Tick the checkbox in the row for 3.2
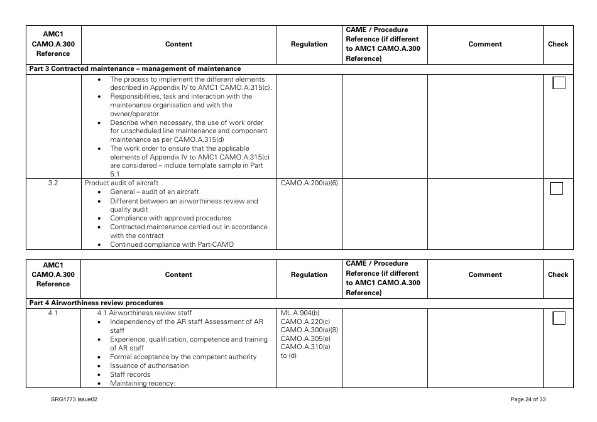557,188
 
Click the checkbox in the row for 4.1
559,318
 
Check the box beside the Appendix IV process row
559,84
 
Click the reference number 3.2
53,183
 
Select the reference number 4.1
53,313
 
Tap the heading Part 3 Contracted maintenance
135,69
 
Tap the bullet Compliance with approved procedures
170,219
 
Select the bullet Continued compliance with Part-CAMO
172,245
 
